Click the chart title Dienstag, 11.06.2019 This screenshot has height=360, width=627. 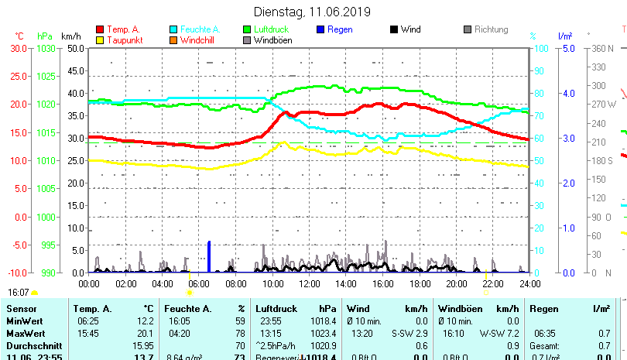click(313, 12)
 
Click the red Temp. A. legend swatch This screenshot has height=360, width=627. click(100, 29)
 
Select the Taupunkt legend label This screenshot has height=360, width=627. click(124, 40)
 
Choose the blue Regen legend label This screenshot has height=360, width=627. click(341, 29)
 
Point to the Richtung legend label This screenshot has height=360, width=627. click(491, 29)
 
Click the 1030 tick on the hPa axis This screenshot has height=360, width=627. click(46, 48)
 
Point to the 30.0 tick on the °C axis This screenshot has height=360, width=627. click(19, 48)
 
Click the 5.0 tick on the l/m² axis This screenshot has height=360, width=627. click(567, 48)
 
